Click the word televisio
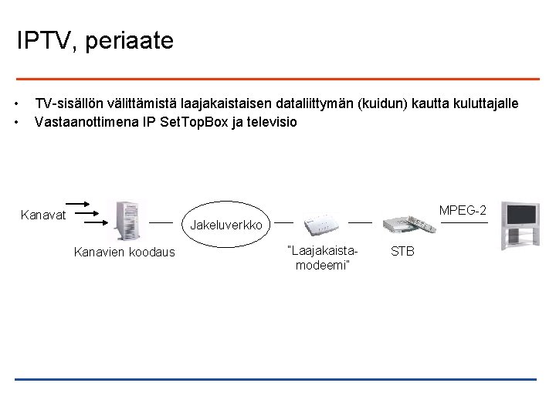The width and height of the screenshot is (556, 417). [270, 122]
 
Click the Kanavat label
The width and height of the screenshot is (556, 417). [43, 214]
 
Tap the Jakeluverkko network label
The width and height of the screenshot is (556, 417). [228, 225]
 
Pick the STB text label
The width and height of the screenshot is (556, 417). [402, 251]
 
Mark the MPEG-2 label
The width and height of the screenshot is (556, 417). [463, 210]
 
